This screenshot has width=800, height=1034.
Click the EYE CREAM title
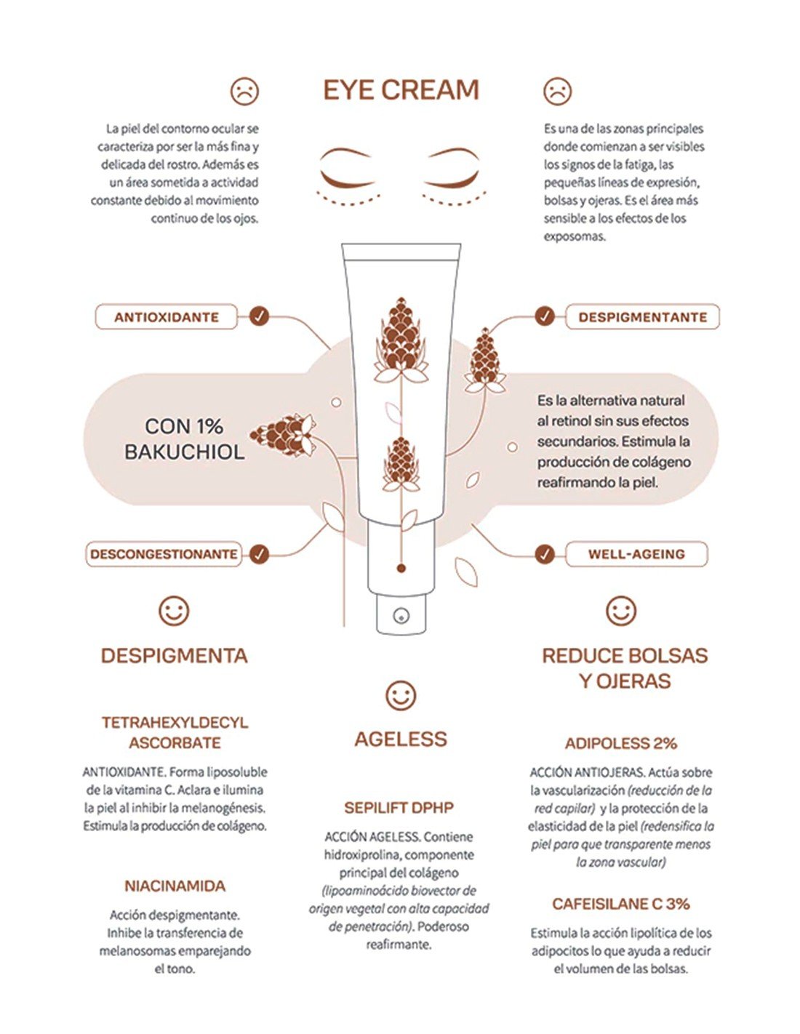(x=401, y=90)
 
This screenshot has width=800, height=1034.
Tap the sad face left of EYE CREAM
(x=244, y=91)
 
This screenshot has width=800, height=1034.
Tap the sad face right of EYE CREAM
(x=557, y=91)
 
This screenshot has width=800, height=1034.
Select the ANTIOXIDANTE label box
(x=166, y=317)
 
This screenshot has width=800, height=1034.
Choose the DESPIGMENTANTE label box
(x=642, y=317)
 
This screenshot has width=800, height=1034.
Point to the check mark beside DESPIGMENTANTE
(x=545, y=316)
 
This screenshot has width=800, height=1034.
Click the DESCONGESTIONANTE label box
(x=164, y=554)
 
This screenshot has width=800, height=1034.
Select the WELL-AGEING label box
(x=636, y=554)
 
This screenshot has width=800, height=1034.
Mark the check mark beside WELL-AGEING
(x=545, y=553)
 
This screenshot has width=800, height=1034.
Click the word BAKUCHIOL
(x=185, y=452)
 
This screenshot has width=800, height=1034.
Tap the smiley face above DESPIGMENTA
(x=175, y=611)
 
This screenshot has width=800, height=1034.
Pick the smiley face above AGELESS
(x=401, y=696)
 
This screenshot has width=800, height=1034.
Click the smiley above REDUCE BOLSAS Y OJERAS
(x=621, y=611)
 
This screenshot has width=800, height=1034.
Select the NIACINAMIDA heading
(x=175, y=886)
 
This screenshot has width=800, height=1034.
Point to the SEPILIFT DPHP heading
(x=399, y=808)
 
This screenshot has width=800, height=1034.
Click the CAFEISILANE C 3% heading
(x=621, y=904)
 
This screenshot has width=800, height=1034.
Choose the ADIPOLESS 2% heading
(x=621, y=743)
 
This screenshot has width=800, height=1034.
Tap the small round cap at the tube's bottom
(x=401, y=616)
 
